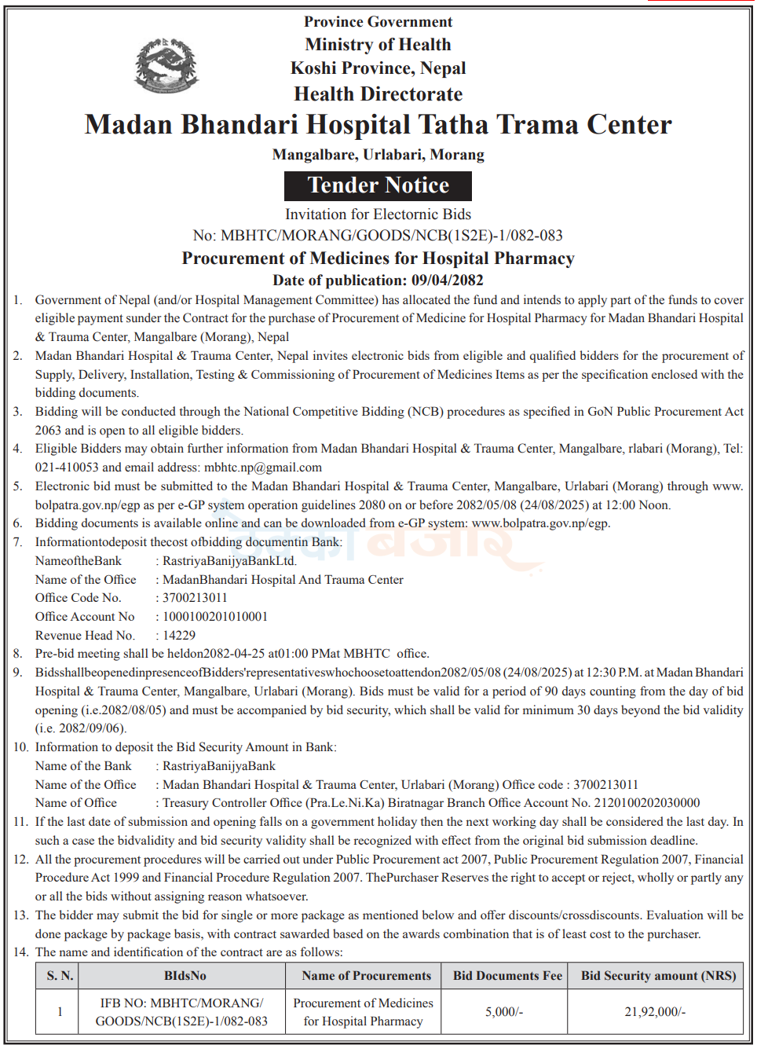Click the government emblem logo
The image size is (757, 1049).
(x=166, y=65)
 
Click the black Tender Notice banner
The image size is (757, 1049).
(x=378, y=185)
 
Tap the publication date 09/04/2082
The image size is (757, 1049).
(x=447, y=281)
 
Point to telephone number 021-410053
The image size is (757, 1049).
(x=67, y=468)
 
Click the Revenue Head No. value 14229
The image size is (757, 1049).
(x=179, y=636)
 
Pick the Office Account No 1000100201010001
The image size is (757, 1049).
(x=214, y=617)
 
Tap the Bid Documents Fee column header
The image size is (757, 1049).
(x=507, y=976)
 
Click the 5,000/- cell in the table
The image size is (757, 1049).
(x=504, y=1012)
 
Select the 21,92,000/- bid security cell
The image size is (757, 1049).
(x=655, y=1012)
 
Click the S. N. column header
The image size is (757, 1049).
(x=60, y=976)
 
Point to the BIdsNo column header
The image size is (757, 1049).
(x=185, y=976)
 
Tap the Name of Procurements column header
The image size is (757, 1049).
(x=366, y=976)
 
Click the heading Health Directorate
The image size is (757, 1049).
(x=378, y=94)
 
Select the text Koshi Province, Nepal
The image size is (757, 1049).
(x=378, y=68)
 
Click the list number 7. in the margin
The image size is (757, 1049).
(x=18, y=542)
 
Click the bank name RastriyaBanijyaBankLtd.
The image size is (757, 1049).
(x=229, y=561)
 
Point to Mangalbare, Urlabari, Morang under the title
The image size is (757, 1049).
(x=378, y=155)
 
